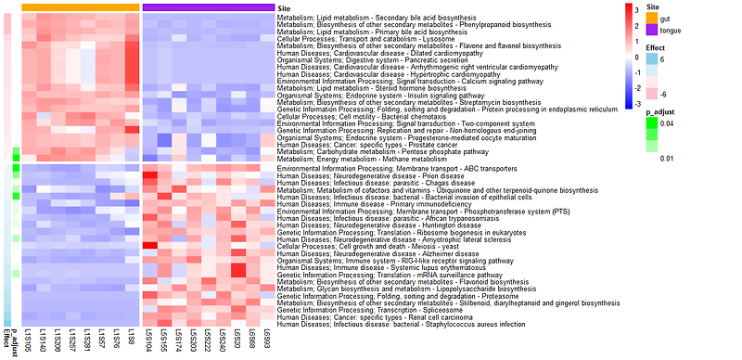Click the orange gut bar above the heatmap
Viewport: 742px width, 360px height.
tap(80, 6)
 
